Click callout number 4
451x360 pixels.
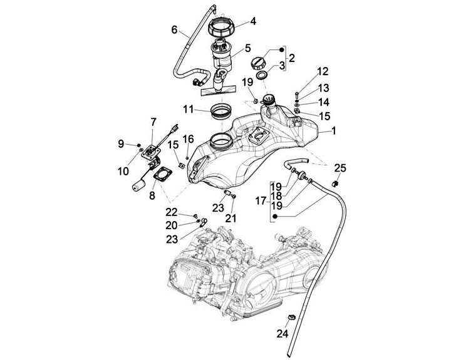click(x=252, y=21)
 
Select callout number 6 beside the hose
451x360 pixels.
click(x=175, y=29)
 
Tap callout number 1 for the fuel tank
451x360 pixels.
click(x=334, y=131)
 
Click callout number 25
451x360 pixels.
click(x=340, y=167)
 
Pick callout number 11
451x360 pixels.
click(x=189, y=109)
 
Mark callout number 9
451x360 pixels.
click(x=122, y=145)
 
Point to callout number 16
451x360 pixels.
click(x=189, y=138)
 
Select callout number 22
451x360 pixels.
click(x=171, y=212)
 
